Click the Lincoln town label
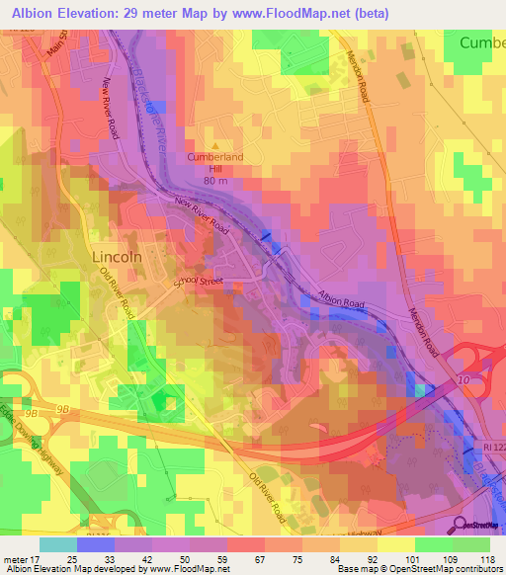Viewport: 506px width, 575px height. pos(118,256)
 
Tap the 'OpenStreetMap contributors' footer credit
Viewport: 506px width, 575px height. pos(445,569)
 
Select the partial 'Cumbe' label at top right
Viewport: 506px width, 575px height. pos(482,42)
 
